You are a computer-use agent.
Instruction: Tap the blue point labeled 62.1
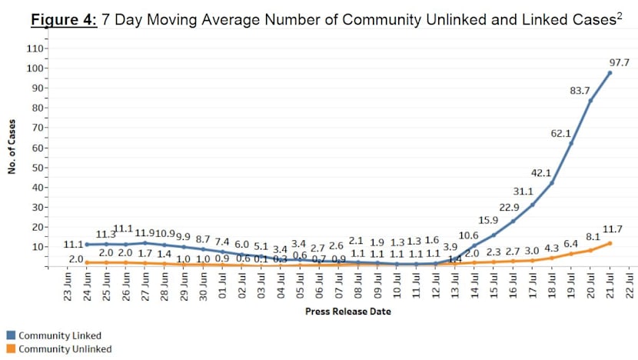tap(571, 143)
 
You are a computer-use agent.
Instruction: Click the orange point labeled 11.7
tap(610, 243)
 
